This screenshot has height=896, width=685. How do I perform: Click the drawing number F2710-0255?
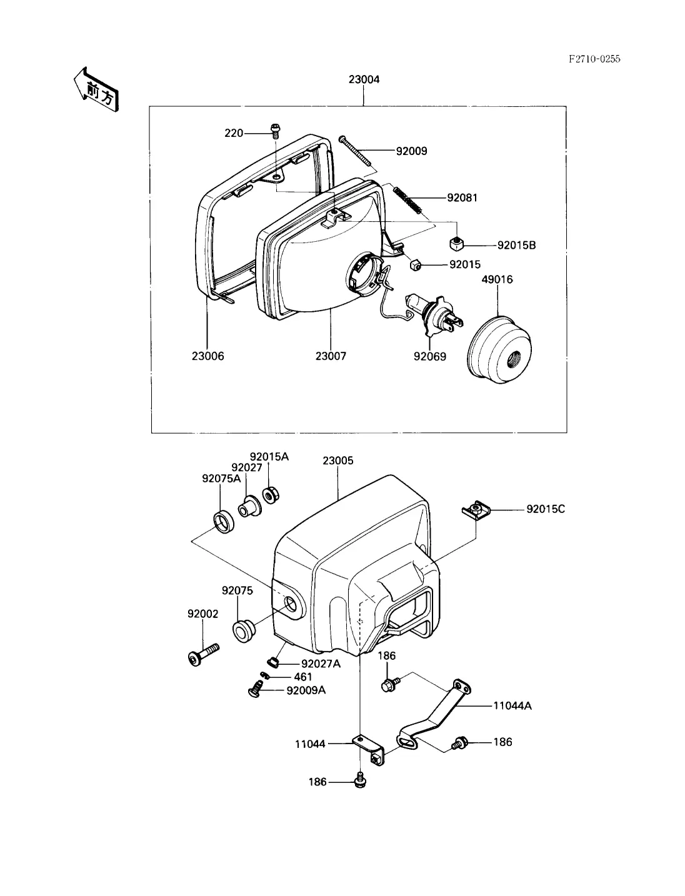[x=594, y=59]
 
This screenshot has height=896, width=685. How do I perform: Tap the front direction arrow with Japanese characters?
[x=96, y=90]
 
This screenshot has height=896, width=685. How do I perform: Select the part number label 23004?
[x=364, y=79]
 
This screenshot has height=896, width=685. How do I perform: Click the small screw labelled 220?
[x=275, y=131]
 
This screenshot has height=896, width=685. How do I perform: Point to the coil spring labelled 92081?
[x=407, y=199]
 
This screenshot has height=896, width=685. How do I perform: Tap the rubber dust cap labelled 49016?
[x=499, y=349]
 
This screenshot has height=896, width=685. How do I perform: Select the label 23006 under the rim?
[x=207, y=356]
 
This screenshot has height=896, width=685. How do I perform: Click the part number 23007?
[x=331, y=356]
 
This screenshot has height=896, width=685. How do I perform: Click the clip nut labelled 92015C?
[x=476, y=510]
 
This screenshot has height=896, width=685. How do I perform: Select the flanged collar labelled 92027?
[x=249, y=507]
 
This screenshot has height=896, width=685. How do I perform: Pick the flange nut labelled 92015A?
[x=270, y=495]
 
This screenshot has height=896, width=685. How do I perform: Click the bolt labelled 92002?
[x=204, y=654]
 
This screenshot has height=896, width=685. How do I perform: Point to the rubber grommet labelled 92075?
[x=244, y=631]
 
